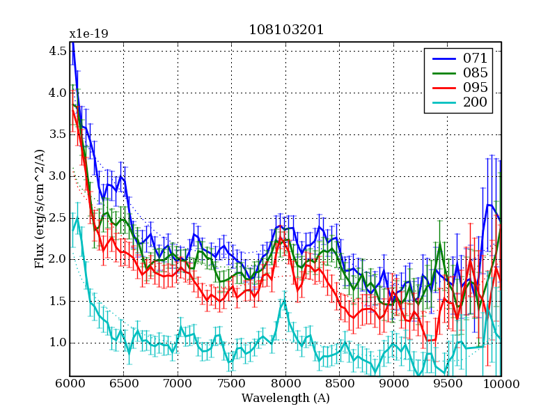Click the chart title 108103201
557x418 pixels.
point(285,30)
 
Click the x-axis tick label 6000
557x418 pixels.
point(70,384)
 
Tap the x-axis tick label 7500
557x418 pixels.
point(231,384)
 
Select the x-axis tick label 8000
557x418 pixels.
point(285,384)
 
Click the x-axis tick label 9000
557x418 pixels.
point(393,384)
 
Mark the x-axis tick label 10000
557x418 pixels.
point(501,384)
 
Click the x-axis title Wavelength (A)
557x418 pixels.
point(285,398)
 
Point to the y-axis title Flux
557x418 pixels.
point(40,209)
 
